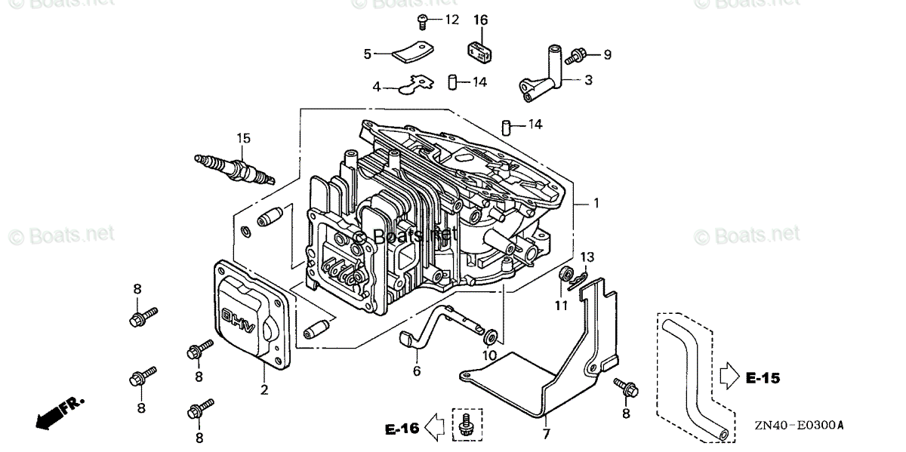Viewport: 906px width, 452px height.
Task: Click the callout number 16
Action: coord(481,20)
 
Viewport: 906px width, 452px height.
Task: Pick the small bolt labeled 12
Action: coord(424,20)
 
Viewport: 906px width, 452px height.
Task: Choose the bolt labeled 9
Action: coord(577,54)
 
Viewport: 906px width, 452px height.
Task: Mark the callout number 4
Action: coord(377,87)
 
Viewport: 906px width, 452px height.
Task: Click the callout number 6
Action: coord(416,371)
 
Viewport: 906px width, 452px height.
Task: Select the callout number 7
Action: coord(546,435)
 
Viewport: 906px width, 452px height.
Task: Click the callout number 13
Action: coord(588,259)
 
